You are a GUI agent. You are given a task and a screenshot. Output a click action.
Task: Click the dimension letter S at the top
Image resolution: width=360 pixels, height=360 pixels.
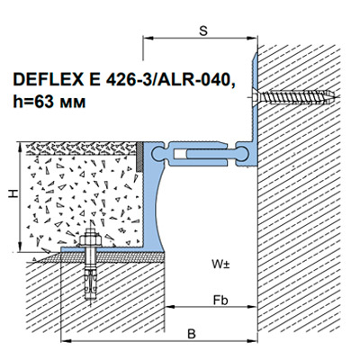[x=203, y=31]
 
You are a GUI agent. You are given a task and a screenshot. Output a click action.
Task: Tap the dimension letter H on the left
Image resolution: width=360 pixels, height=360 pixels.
[x=13, y=194]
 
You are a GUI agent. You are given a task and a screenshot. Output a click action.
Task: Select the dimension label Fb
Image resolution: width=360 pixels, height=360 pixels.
[x=220, y=300]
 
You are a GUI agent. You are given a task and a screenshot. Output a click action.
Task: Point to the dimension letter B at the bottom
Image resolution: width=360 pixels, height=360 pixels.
[x=192, y=334]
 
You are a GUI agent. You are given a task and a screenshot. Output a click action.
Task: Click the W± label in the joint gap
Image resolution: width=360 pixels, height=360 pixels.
[x=220, y=265]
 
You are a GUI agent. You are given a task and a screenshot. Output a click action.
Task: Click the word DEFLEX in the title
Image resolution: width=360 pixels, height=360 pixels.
[x=48, y=80]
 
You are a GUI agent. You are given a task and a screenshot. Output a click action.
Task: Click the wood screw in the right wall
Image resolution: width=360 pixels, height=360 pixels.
[x=294, y=97]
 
